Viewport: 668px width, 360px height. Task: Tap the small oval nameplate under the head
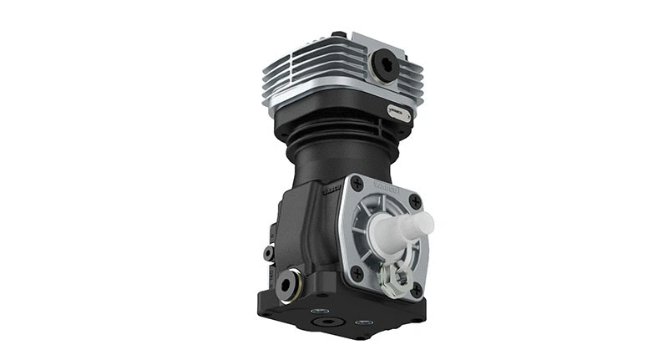(398, 112)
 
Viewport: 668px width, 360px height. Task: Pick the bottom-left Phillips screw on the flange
(357, 272)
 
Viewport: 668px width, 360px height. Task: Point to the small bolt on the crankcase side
(268, 252)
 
